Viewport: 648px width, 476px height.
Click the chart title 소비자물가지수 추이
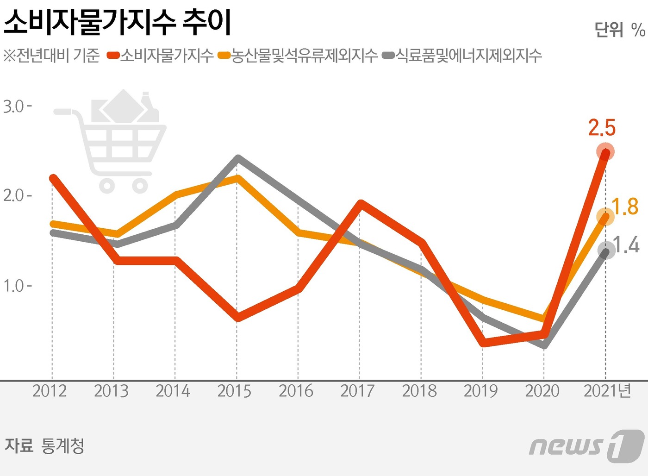click(x=117, y=22)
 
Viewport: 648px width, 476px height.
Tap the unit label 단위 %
click(x=619, y=30)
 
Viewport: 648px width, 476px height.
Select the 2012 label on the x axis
click(x=50, y=391)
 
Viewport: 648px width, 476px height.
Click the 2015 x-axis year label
click(x=234, y=391)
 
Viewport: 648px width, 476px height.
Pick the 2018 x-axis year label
click(x=419, y=391)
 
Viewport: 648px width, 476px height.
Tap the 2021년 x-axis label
click(x=607, y=391)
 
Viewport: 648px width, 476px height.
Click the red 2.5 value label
click(x=602, y=128)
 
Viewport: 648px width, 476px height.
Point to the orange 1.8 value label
click(x=625, y=207)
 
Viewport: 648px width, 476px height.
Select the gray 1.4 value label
click(x=626, y=245)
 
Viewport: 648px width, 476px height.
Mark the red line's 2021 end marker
click(x=605, y=152)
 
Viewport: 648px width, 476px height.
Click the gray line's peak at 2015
click(x=237, y=159)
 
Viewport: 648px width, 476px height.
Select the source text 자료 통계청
click(x=44, y=446)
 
